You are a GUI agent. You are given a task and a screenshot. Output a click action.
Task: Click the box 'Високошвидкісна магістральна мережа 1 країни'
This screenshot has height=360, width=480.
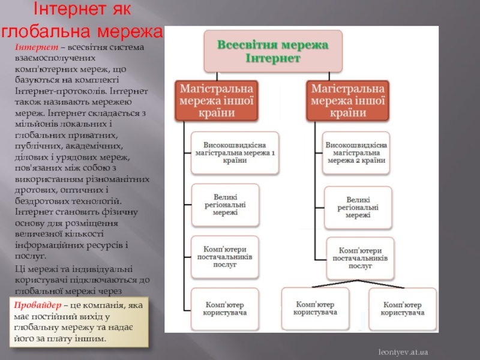[235, 153]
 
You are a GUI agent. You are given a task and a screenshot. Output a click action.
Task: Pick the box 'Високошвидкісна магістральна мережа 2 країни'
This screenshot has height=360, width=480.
[356, 153]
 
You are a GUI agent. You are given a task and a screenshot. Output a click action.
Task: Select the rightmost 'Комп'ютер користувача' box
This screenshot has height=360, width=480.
[403, 308]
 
